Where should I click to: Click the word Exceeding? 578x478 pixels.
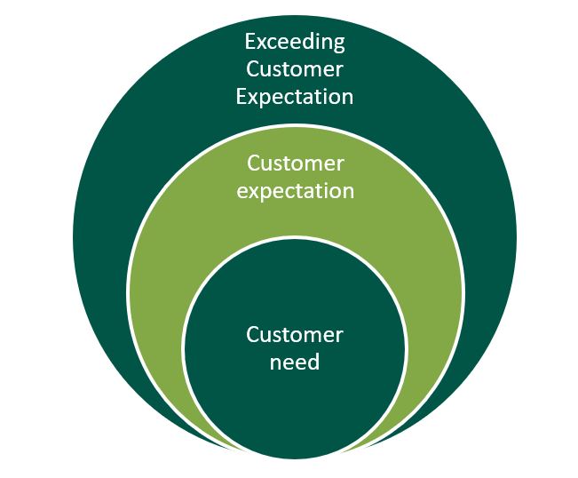(294, 42)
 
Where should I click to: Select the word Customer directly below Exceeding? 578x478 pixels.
(294, 69)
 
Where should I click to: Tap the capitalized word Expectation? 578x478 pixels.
(294, 96)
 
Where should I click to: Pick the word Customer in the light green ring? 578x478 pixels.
(295, 163)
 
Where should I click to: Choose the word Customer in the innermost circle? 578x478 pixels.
(294, 335)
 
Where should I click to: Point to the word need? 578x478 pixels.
(294, 362)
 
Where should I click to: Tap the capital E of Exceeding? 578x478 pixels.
(250, 42)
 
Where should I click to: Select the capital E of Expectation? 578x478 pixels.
(241, 96)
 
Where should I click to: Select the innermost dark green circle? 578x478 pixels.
(294, 400)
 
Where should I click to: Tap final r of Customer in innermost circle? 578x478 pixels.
(338, 337)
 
